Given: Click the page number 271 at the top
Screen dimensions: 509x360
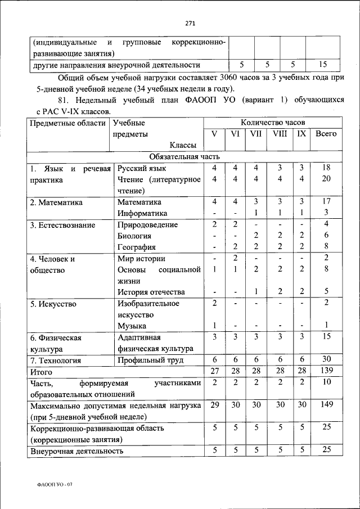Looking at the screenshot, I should (190, 23).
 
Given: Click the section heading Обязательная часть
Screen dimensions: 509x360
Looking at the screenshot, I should (184, 156).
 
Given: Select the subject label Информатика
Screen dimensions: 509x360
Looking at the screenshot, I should (142, 213).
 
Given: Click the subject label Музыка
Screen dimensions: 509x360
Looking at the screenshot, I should (132, 326).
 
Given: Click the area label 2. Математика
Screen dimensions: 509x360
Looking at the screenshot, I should (56, 202).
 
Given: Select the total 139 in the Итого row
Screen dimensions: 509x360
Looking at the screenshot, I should (326, 371).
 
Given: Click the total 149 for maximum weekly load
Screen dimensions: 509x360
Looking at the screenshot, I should (326, 405).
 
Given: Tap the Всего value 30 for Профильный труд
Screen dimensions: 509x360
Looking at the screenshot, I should (326, 359).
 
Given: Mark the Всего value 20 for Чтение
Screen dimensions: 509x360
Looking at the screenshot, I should (326, 179).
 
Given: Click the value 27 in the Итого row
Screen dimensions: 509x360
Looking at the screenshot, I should (214, 371).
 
